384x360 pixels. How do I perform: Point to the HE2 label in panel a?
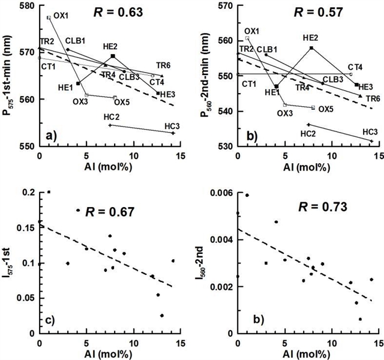click(110, 46)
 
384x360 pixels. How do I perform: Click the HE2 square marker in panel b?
click(311, 47)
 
